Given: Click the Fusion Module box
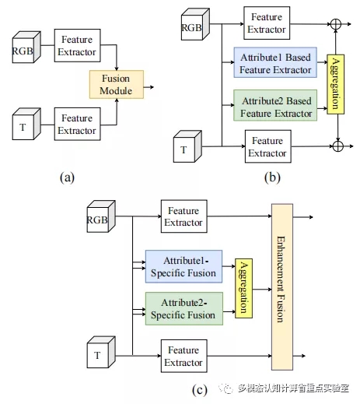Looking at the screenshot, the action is tap(117, 84).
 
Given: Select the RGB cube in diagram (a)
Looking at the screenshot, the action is tap(26, 47).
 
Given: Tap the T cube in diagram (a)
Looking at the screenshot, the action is tap(26, 124).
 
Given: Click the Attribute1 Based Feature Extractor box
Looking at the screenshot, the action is tap(275, 62).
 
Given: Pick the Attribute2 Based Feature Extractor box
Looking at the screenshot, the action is tap(275, 105).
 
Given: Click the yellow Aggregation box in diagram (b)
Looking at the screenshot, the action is tap(336, 84).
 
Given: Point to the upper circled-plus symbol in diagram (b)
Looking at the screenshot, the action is tap(336, 24).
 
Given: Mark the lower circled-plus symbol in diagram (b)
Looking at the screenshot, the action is tap(337, 146).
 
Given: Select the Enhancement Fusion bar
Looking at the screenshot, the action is tap(282, 287).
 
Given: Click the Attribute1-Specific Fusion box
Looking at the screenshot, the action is tap(183, 266).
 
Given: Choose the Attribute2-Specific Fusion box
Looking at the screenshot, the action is tap(184, 309).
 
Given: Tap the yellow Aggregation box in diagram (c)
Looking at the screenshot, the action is tap(243, 288).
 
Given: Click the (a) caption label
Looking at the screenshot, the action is tap(67, 177).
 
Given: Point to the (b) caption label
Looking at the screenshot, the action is tap(272, 177).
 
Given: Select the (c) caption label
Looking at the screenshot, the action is tap(200, 390).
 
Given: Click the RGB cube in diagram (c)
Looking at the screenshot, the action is tap(101, 216).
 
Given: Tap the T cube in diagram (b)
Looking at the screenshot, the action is tap(187, 146).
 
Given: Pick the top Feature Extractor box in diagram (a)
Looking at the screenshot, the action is tap(77, 45).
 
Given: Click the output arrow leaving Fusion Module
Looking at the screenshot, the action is tap(149, 87).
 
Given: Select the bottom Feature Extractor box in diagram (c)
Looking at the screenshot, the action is tap(184, 356).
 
